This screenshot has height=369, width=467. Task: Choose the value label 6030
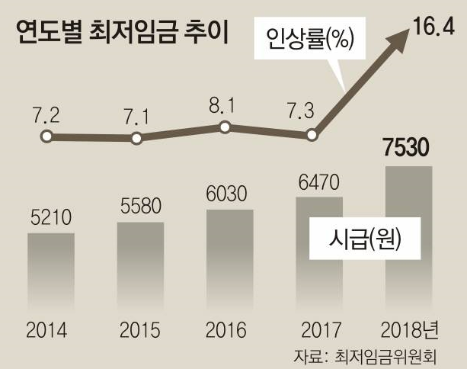pos(228,194)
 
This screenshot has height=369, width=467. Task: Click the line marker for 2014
pos(46,136)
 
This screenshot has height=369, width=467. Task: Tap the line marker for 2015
pos(136,139)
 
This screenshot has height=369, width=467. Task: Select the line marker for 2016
pos(225,127)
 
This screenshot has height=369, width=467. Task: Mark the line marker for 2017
pos(312,136)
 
